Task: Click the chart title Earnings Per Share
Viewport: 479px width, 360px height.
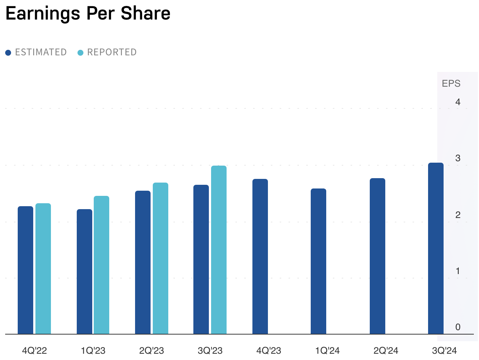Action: (88, 14)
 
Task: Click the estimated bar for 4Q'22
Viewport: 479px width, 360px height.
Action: (25, 270)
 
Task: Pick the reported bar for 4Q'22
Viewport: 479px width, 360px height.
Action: (43, 269)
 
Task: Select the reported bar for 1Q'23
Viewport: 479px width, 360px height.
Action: (101, 265)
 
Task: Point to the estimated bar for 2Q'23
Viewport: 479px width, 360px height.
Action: (143, 262)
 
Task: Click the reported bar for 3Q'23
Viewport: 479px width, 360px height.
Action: (219, 250)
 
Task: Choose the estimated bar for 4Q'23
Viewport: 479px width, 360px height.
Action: (260, 256)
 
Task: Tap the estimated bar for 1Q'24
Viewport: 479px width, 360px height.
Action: (318, 261)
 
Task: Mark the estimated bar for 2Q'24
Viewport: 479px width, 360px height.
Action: (378, 256)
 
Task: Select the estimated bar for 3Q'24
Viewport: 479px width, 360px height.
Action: (436, 248)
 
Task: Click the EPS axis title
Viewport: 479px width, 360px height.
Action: (451, 84)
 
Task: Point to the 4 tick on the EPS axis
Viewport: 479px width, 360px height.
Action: (458, 102)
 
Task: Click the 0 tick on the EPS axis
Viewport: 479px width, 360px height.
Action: (458, 327)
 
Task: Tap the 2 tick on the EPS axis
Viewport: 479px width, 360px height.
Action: (458, 215)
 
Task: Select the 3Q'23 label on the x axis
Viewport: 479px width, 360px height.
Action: (210, 350)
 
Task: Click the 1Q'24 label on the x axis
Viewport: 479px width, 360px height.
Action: (327, 350)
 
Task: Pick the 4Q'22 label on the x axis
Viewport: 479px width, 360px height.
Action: (34, 350)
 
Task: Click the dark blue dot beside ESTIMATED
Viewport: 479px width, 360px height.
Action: (8, 53)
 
